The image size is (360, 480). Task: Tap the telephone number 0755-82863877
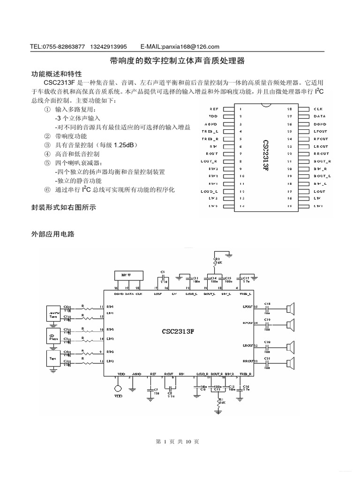point(64,46)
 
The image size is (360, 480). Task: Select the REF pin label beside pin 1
point(213,109)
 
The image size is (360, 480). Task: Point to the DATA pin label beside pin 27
point(320,116)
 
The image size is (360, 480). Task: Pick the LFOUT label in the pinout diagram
point(321,132)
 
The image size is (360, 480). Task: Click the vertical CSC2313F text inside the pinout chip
point(266,157)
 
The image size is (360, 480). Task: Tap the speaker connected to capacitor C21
point(291,361)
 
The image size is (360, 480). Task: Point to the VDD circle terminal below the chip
point(117,389)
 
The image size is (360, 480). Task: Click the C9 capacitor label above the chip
point(163,271)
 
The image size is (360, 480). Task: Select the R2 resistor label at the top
point(217,259)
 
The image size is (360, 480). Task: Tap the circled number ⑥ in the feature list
point(47,190)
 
